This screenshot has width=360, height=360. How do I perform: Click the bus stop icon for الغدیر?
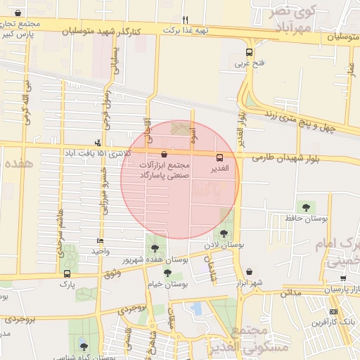point(220,158)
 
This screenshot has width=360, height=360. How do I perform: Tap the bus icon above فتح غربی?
point(249,52)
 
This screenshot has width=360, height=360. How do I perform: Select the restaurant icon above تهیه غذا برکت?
point(185,20)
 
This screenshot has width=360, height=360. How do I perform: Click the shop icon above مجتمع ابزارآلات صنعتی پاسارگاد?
point(164,153)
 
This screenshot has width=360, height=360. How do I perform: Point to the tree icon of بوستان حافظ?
point(305,207)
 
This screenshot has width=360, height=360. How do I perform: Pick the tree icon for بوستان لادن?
point(224,233)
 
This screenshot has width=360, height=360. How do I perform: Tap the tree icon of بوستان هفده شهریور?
point(155,247)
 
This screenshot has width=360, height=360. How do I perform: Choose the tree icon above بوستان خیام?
point(167,273)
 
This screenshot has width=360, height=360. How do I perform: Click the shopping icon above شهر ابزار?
point(250,271)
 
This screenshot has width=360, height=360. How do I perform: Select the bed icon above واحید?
point(100,240)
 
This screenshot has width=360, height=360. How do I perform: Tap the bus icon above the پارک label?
point(67,274)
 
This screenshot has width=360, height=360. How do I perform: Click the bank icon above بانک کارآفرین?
point(333,311)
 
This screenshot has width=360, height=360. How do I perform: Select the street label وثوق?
point(112,272)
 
